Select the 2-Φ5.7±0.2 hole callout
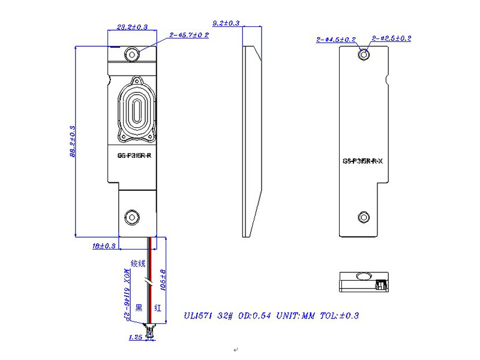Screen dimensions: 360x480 (x=189, y=35)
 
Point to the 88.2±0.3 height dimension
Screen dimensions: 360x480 (x=73, y=142)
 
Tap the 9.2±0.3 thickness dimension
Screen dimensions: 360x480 (x=226, y=23)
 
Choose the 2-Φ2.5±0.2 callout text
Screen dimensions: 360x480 (x=391, y=38)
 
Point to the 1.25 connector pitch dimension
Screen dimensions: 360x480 (x=136, y=338)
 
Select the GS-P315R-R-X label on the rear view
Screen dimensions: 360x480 (x=366, y=161)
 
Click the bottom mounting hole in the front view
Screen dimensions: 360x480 (x=131, y=217)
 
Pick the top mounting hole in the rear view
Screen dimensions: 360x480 (x=363, y=55)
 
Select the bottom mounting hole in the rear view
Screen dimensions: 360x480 (x=363, y=217)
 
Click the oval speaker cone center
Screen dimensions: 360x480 (x=137, y=112)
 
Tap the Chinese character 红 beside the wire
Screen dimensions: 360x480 (x=157, y=308)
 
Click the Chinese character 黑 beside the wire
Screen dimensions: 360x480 (x=139, y=308)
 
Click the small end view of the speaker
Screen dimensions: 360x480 (x=362, y=283)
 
